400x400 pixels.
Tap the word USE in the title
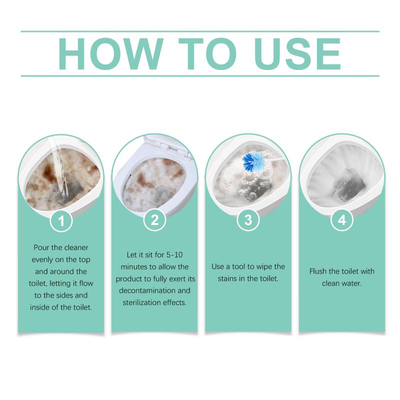tap(297, 54)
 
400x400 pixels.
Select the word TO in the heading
tap(207, 54)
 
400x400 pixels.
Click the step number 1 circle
tap(61, 220)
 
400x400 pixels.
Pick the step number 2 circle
tap(155, 220)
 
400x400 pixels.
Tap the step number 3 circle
tap(248, 220)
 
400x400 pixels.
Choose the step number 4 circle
tap(342, 220)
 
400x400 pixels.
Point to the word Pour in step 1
tap(41, 247)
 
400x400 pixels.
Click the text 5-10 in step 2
tap(174, 254)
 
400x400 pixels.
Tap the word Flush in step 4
tap(318, 271)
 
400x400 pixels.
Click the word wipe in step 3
tap(264, 267)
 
